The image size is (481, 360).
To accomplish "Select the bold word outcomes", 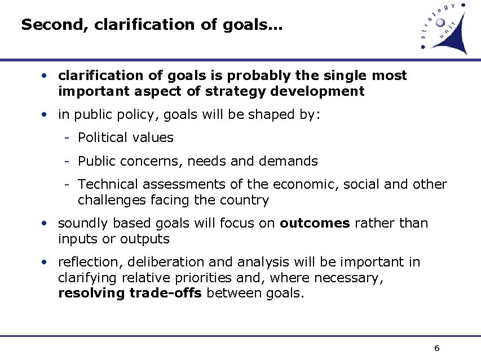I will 315,223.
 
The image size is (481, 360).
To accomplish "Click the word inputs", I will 78,239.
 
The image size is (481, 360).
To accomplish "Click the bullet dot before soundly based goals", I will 43,224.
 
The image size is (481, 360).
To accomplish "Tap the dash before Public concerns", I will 67,162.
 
